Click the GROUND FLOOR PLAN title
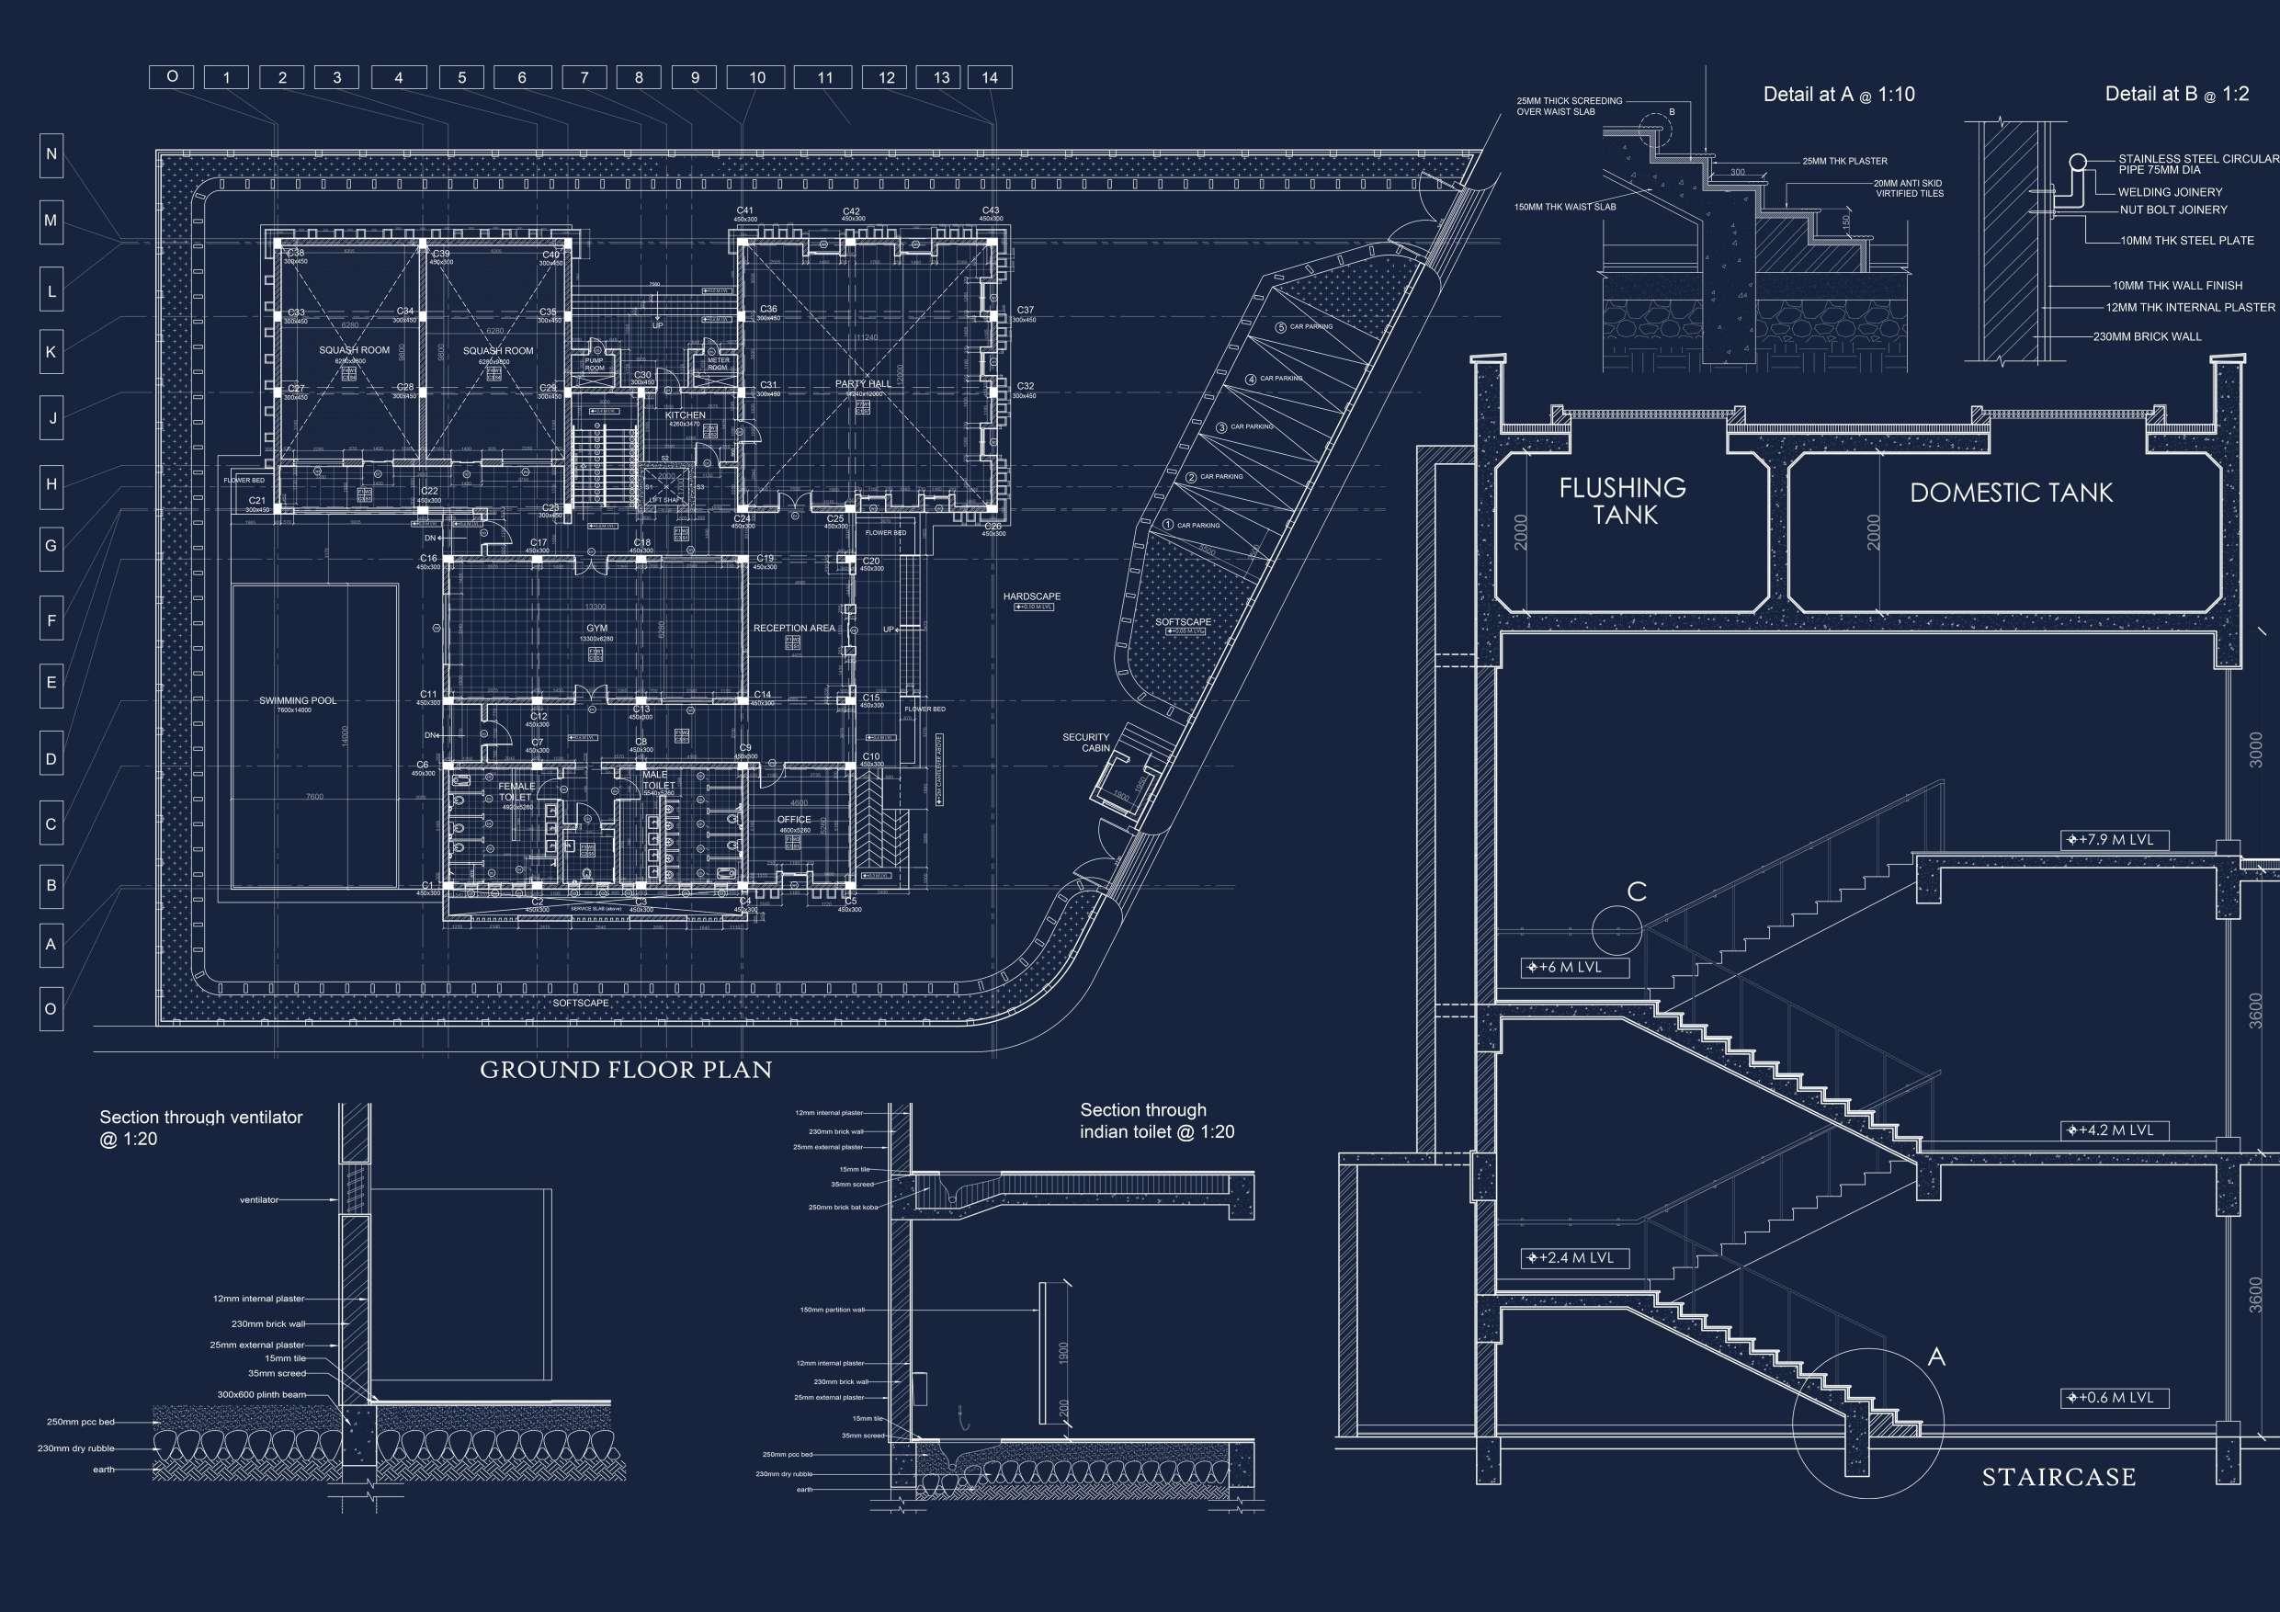click(626, 1070)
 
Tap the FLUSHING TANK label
click(1622, 501)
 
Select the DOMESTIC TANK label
click(2011, 493)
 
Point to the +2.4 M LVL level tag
click(1574, 1258)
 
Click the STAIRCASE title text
click(2059, 1478)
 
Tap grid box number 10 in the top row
click(756, 77)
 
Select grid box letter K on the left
click(51, 353)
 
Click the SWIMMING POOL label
click(297, 700)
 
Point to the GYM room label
click(596, 629)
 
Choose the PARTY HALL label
click(862, 383)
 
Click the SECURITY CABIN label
click(1085, 743)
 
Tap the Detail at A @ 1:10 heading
click(1838, 96)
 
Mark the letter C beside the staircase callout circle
click(1637, 891)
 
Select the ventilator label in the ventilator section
click(258, 1200)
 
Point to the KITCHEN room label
click(686, 415)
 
